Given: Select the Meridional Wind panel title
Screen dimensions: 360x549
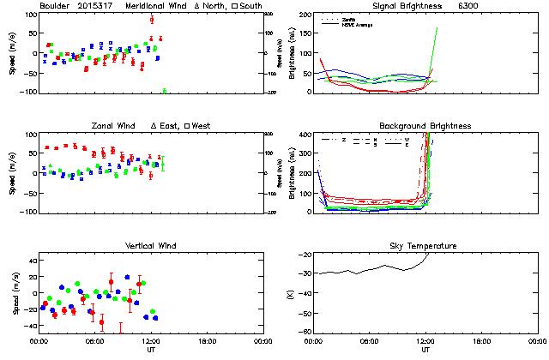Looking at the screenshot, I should point(154,6).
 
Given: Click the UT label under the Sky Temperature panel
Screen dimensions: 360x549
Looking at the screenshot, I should point(425,350).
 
